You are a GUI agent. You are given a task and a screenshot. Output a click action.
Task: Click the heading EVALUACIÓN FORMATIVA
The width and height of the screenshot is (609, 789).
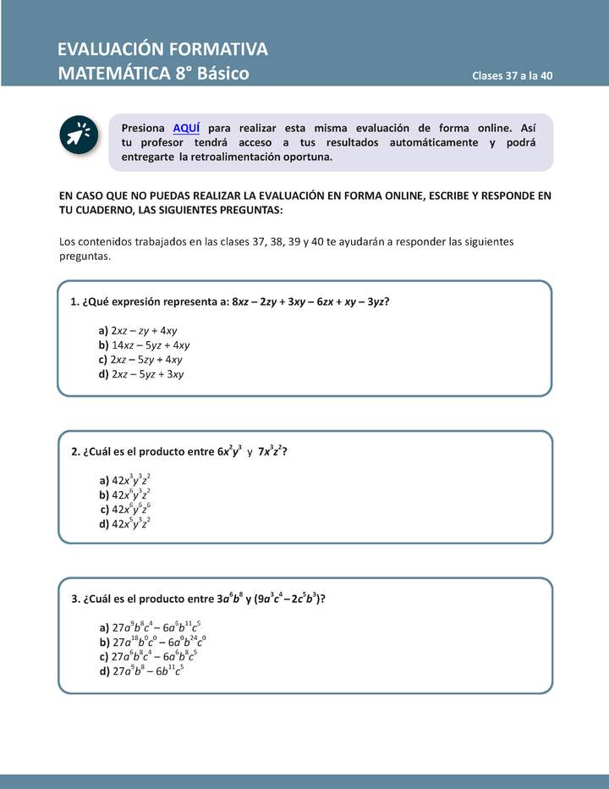[x=162, y=48]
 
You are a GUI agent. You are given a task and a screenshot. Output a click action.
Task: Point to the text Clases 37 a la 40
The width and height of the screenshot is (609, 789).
[x=513, y=75]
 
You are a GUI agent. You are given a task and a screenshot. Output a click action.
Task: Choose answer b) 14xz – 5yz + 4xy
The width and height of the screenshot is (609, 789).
[x=144, y=345]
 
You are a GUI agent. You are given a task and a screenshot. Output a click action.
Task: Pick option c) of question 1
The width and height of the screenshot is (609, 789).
[x=140, y=359]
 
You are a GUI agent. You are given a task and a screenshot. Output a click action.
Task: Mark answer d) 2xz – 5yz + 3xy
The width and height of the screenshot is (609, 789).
[x=141, y=373]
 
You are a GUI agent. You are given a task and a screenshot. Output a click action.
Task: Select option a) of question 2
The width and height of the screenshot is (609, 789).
[x=125, y=480]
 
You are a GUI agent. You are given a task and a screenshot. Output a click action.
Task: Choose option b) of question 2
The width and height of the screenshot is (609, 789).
[x=125, y=494]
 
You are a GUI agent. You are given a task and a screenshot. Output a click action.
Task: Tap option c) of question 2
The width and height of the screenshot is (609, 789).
[x=125, y=509]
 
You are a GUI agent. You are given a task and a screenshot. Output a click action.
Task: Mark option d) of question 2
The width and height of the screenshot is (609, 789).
[x=125, y=523]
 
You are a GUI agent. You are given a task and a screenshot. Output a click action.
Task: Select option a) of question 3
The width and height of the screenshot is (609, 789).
[x=150, y=628]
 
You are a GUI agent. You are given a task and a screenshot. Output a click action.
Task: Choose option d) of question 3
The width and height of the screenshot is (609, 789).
[x=141, y=670]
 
